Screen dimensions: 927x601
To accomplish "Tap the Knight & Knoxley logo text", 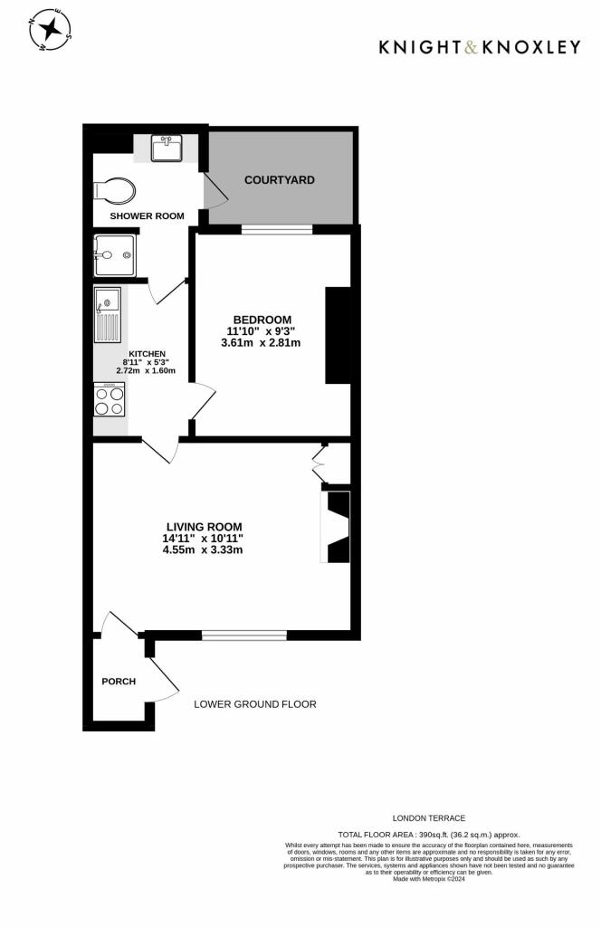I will coord(479,47).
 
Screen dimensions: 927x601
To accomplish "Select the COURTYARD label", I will coord(280,180).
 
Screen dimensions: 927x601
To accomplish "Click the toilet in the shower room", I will coord(115,191).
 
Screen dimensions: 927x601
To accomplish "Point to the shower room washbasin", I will coord(167,147).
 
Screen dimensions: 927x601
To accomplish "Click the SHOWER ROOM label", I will coord(147,216).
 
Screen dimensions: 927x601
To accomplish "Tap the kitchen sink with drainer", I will coord(108,316).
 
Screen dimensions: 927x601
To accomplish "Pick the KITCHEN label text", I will coord(147,354).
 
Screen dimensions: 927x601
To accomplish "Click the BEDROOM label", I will coord(262,320).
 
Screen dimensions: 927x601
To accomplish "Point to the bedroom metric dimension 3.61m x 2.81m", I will coord(261,343).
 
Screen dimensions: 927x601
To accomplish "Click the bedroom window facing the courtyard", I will coord(276,230).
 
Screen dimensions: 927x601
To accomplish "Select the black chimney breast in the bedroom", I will coord(337,335).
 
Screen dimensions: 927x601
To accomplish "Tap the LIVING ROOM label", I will coord(204,526).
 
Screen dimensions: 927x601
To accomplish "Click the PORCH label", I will coord(118,682).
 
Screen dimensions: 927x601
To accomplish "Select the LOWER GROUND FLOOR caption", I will coord(255,703).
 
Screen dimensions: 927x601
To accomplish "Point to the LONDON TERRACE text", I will coord(429,817).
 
